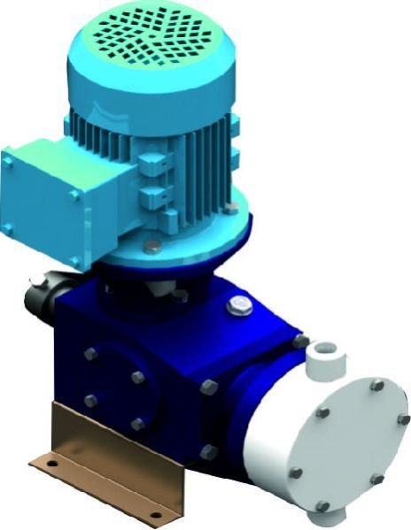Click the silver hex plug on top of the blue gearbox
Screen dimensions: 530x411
click(238, 306)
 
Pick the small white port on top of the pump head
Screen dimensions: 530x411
click(320, 355)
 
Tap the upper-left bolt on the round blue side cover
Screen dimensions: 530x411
click(89, 355)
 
